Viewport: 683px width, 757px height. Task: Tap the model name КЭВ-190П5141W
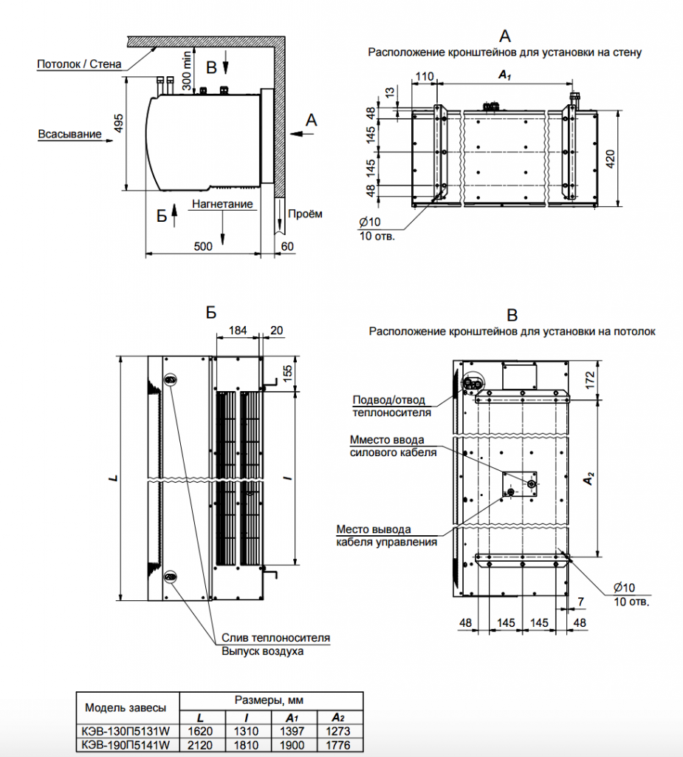(x=126, y=745)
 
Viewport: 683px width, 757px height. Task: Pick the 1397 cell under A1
(x=292, y=732)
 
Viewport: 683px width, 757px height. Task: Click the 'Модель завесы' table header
(x=126, y=707)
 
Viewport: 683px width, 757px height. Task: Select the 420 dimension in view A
(x=610, y=157)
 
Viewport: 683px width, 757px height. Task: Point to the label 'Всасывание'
(x=68, y=134)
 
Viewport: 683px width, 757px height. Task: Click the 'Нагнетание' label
(x=222, y=203)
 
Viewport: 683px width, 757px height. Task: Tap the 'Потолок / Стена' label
(x=79, y=64)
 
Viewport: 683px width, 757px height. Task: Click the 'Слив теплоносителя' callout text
(x=275, y=637)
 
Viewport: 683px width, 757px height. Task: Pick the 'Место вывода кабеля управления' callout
(x=385, y=535)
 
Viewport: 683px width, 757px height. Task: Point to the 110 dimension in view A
(x=424, y=76)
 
